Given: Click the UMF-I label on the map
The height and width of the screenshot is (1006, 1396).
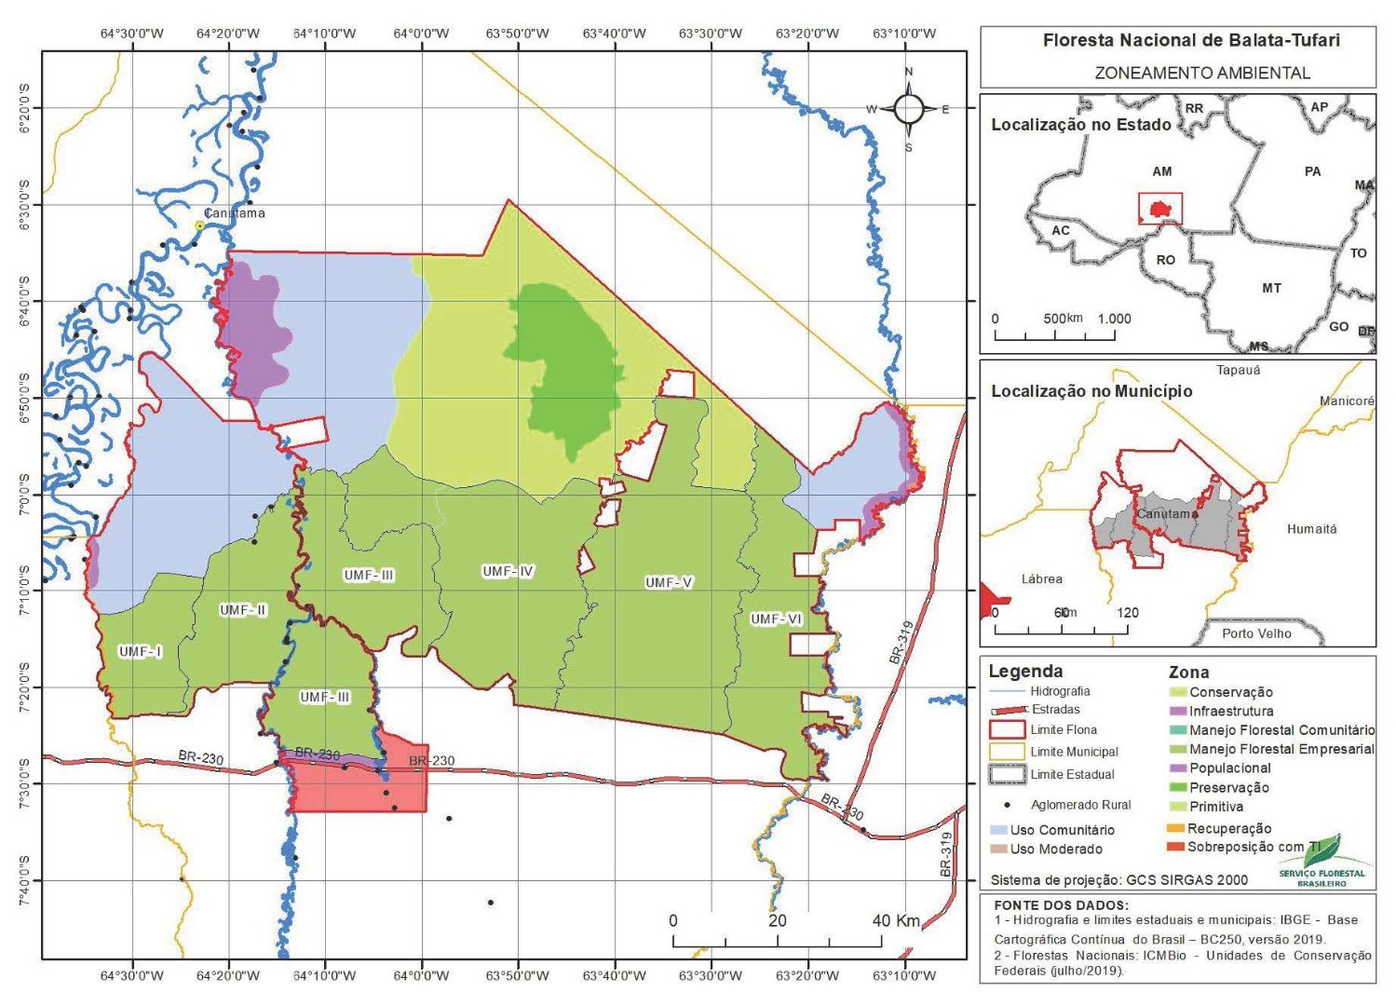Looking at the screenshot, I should coord(140,652).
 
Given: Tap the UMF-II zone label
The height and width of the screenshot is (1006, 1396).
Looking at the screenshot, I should coord(243,610).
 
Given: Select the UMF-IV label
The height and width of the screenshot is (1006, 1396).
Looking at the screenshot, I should coord(508,571).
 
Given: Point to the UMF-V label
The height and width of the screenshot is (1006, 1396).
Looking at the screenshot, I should coord(669,583).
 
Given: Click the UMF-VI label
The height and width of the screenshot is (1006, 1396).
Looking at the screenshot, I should coord(776,619).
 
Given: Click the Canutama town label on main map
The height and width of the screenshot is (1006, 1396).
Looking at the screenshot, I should coord(235,213).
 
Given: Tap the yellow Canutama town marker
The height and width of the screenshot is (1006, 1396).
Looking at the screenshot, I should coord(199,225).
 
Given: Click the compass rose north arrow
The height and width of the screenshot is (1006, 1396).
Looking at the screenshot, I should coord(909,109).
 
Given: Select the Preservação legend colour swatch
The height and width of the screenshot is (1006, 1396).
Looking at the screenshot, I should coord(1177,788).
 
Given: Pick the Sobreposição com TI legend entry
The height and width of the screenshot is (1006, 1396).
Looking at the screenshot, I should coord(1254,847).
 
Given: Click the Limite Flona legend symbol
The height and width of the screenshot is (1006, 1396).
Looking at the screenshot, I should coord(1006,730).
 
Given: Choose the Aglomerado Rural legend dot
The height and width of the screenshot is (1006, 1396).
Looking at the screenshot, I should coord(1006,805).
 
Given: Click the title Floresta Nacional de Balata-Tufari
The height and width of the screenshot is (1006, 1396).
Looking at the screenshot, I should coord(1178,41).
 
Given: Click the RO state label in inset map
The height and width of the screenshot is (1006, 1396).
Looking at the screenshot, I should coord(1165,260).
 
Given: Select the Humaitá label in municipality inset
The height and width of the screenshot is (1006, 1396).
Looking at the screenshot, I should coord(1311,529).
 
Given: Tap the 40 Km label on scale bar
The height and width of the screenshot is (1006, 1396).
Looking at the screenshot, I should coord(895,921).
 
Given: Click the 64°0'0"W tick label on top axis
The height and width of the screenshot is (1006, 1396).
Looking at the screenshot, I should coord(421,34).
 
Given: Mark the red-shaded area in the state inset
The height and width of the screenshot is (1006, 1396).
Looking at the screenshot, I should coord(1159,209).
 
